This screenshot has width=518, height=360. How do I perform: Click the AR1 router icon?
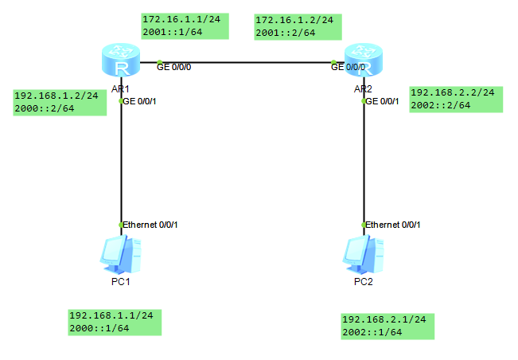(x=121, y=61)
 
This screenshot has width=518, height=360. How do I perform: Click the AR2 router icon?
(x=363, y=61)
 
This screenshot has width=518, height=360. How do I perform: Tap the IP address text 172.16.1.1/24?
(x=174, y=18)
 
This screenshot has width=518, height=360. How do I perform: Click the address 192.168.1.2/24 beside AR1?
(x=56, y=96)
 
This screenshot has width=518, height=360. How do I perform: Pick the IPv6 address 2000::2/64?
(x=45, y=109)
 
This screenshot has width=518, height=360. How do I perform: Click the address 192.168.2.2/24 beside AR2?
(x=452, y=92)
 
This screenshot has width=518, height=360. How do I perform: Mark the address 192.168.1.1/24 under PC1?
(x=111, y=315)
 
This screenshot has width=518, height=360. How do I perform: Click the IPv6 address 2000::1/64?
(x=99, y=328)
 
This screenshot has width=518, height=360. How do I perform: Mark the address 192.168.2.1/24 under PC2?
(x=384, y=319)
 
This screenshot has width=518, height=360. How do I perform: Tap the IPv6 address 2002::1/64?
(x=372, y=332)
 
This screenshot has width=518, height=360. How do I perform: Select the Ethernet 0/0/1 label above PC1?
(x=150, y=225)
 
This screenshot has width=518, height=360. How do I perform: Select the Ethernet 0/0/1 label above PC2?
(x=392, y=225)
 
